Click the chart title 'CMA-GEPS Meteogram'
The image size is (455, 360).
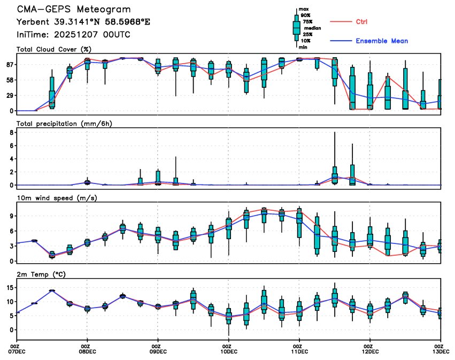(x=74, y=10)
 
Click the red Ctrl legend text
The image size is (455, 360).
(x=361, y=21)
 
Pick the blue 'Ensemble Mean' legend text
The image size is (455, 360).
(x=381, y=41)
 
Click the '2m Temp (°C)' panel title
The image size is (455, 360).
(x=43, y=274)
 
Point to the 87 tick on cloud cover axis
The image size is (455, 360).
(x=10, y=65)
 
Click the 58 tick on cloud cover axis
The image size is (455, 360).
(x=10, y=80)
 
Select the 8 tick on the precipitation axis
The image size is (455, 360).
(x=11, y=132)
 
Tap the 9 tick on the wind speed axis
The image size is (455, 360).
(x=11, y=216)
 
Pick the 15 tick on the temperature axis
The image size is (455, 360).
(x=10, y=288)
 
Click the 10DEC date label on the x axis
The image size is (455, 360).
(x=228, y=351)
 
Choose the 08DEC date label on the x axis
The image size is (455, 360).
(x=87, y=351)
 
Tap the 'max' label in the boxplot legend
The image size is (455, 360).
(x=303, y=10)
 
